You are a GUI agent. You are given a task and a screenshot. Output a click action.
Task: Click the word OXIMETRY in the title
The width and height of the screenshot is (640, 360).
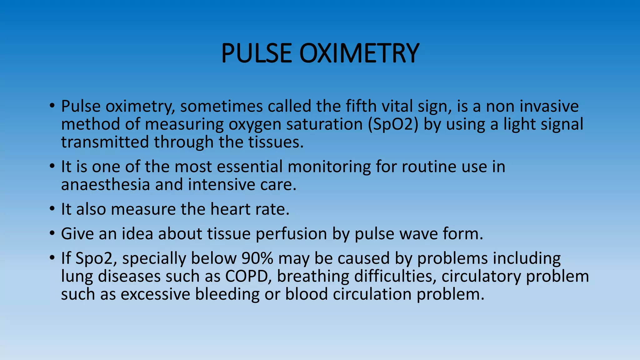coord(359,53)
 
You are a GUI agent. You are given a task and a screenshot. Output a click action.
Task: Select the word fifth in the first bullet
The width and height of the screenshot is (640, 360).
coord(361,106)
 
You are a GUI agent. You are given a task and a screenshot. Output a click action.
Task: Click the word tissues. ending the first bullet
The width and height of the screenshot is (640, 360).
coord(276,142)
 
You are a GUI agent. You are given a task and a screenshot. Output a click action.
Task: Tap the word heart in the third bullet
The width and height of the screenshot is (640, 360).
coord(230,209)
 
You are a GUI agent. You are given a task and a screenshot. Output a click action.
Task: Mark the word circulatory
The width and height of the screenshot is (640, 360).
coord(481,277)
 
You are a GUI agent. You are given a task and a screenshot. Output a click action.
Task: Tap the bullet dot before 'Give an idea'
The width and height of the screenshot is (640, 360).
coord(52,233)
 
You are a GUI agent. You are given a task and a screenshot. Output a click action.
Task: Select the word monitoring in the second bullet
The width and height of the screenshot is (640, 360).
coord(329,167)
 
